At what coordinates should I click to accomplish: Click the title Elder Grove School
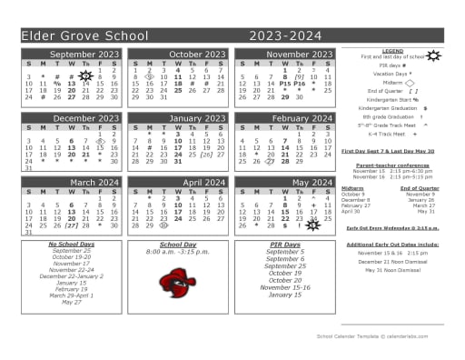tap(84, 35)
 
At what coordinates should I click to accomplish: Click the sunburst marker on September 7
tap(85, 76)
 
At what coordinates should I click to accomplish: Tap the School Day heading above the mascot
tap(178, 245)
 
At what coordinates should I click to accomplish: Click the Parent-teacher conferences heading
tap(392, 164)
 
